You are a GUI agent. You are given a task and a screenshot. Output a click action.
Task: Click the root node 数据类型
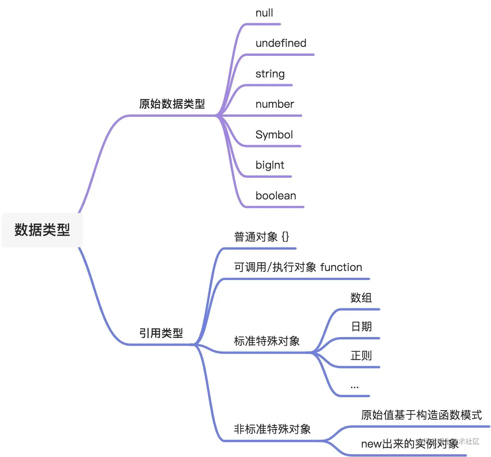(42, 230)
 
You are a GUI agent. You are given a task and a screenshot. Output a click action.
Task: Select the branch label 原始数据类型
(172, 104)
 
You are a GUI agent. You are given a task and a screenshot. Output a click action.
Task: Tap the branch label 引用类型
(161, 334)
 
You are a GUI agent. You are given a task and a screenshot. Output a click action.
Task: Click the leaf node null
(264, 13)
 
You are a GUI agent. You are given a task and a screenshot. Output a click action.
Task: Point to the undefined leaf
(281, 43)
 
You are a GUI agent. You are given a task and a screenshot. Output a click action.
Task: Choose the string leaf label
(270, 74)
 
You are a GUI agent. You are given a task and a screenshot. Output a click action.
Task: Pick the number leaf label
(275, 104)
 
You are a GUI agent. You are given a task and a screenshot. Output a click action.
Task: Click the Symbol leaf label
(274, 135)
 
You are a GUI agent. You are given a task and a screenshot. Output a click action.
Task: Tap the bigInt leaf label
(269, 165)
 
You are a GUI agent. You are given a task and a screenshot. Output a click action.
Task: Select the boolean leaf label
(275, 196)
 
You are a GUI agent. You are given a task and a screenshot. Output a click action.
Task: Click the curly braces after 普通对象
(285, 237)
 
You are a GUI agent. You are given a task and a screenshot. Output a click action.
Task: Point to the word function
(341, 267)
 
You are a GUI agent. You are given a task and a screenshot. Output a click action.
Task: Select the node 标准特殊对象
(267, 341)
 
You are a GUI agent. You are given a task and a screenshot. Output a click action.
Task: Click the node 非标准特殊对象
(272, 429)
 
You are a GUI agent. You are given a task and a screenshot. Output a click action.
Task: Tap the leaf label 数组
(361, 298)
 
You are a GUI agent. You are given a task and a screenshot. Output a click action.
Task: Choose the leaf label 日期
(361, 327)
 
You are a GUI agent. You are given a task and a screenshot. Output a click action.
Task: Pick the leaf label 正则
(361, 356)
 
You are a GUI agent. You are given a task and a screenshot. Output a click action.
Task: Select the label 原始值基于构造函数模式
(421, 415)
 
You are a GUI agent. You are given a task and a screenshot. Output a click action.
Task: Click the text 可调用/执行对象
(275, 267)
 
